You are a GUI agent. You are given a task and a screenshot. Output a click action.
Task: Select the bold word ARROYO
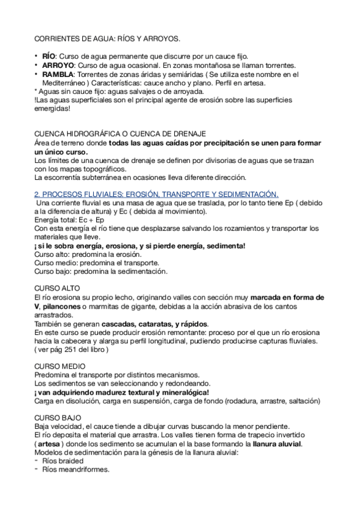[x=57, y=64]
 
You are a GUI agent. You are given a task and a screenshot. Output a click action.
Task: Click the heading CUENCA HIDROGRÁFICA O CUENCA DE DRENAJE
[x=120, y=132]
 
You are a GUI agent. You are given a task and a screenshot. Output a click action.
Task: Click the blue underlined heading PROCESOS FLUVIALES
[x=156, y=194]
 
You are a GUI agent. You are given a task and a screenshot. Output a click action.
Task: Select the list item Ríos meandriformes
[x=76, y=470]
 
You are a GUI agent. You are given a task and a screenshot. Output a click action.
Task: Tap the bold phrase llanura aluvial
[x=277, y=444]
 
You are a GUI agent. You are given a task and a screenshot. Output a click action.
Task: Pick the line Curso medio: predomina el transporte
[x=88, y=263]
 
